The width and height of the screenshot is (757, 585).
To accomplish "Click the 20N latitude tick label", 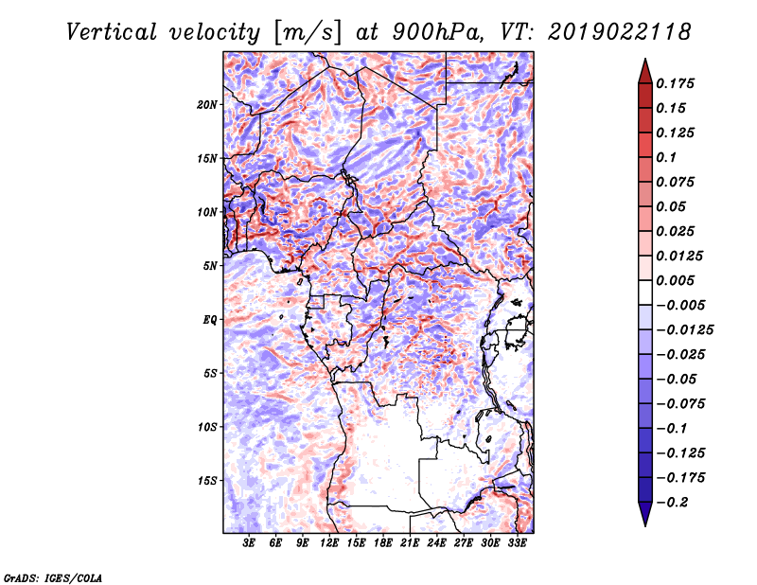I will coord(207,104).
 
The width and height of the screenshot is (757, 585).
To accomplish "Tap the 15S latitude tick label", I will coord(207,480).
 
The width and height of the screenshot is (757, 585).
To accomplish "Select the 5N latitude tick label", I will coord(209,265).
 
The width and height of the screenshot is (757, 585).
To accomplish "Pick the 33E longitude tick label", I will coord(517,544).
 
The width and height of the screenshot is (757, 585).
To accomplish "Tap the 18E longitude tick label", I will coord(383,544).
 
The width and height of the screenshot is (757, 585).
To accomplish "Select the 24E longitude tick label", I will coord(436,544).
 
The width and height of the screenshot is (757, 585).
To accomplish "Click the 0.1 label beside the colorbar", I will coord(666,157).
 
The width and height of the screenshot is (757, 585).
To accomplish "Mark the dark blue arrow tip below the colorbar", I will coord(643,518).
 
